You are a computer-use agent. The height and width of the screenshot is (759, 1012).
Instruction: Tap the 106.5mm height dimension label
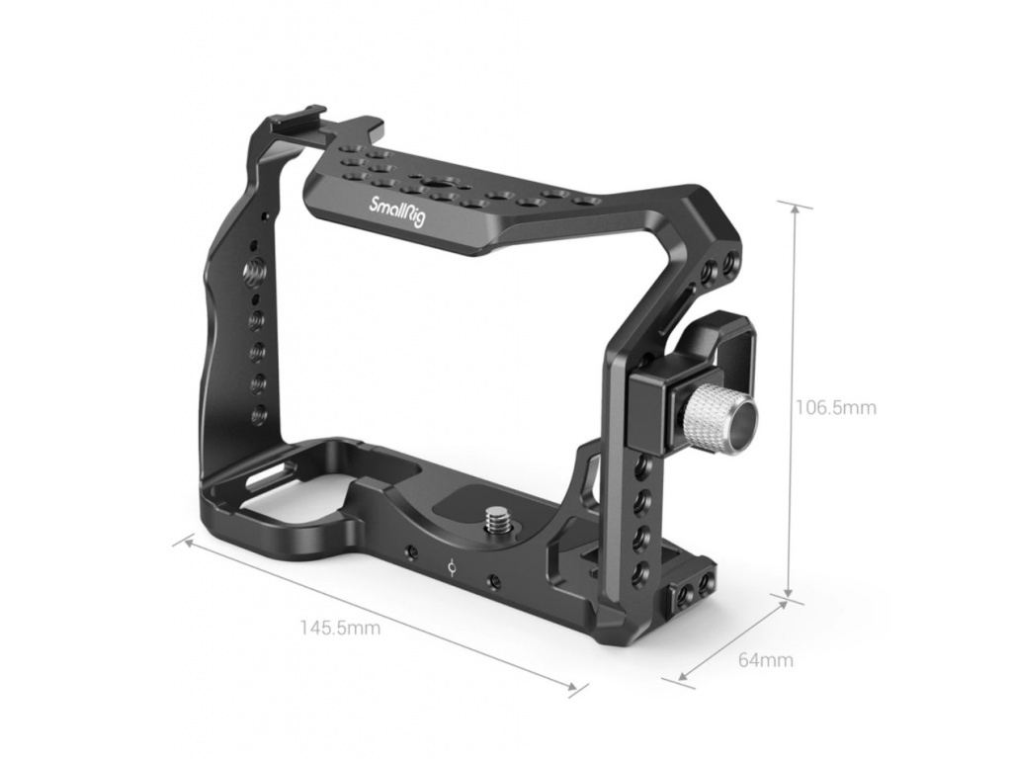[x=835, y=408]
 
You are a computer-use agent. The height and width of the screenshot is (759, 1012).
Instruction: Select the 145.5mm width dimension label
[x=340, y=627]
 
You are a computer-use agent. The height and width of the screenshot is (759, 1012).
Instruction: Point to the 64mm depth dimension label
[x=766, y=660]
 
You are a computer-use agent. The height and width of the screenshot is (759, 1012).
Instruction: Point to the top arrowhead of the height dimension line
[x=795, y=209]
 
